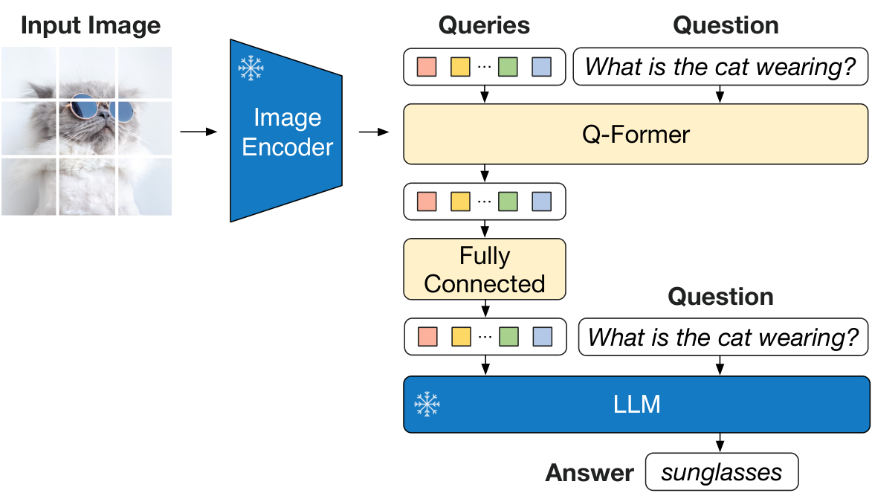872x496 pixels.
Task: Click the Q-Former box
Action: point(636,134)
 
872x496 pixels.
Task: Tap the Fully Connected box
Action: point(484,269)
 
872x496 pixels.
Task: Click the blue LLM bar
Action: point(636,404)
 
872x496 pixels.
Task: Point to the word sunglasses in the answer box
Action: point(722,472)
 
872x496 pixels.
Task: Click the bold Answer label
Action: point(590,473)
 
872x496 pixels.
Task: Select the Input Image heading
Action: point(90,25)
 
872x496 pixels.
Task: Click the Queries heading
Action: point(484,25)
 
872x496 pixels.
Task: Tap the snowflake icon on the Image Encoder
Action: point(251,68)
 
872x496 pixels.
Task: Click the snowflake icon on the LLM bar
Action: point(427,405)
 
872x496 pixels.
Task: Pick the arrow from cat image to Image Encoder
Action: point(198,132)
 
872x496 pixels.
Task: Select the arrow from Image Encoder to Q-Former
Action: point(374,132)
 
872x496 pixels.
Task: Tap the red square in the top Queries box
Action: point(426,67)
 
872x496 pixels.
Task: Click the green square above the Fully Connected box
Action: point(508,202)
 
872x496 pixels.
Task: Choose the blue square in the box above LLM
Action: point(542,337)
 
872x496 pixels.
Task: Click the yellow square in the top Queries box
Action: point(460,67)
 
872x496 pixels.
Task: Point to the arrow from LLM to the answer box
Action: point(720,442)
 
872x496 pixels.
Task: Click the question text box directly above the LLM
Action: point(723,338)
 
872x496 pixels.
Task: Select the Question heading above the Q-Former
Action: point(726,25)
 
